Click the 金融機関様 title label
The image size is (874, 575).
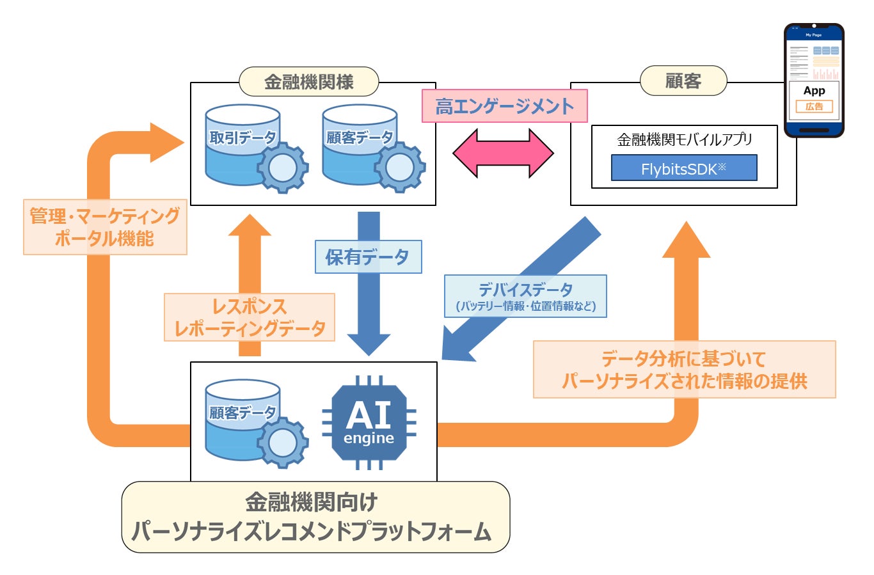click(308, 82)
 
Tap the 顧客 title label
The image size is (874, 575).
click(683, 81)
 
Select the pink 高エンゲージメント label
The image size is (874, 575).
click(504, 106)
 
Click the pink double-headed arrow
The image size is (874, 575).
click(503, 153)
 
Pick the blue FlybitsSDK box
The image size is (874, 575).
click(683, 168)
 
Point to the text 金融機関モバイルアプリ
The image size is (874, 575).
click(684, 139)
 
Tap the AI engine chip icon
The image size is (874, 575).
click(369, 423)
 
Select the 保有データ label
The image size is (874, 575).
click(368, 257)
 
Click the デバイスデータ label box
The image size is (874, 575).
click(525, 296)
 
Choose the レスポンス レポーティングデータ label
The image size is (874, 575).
click(250, 317)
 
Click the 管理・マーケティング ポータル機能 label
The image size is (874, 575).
click(105, 227)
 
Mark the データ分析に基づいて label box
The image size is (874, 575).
click(684, 370)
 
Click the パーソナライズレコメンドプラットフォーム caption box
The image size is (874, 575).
click(315, 517)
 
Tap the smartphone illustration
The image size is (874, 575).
click(814, 81)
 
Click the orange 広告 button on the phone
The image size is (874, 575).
click(814, 107)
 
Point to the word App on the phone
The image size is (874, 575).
click(814, 91)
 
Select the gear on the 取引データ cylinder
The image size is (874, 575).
click(282, 168)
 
